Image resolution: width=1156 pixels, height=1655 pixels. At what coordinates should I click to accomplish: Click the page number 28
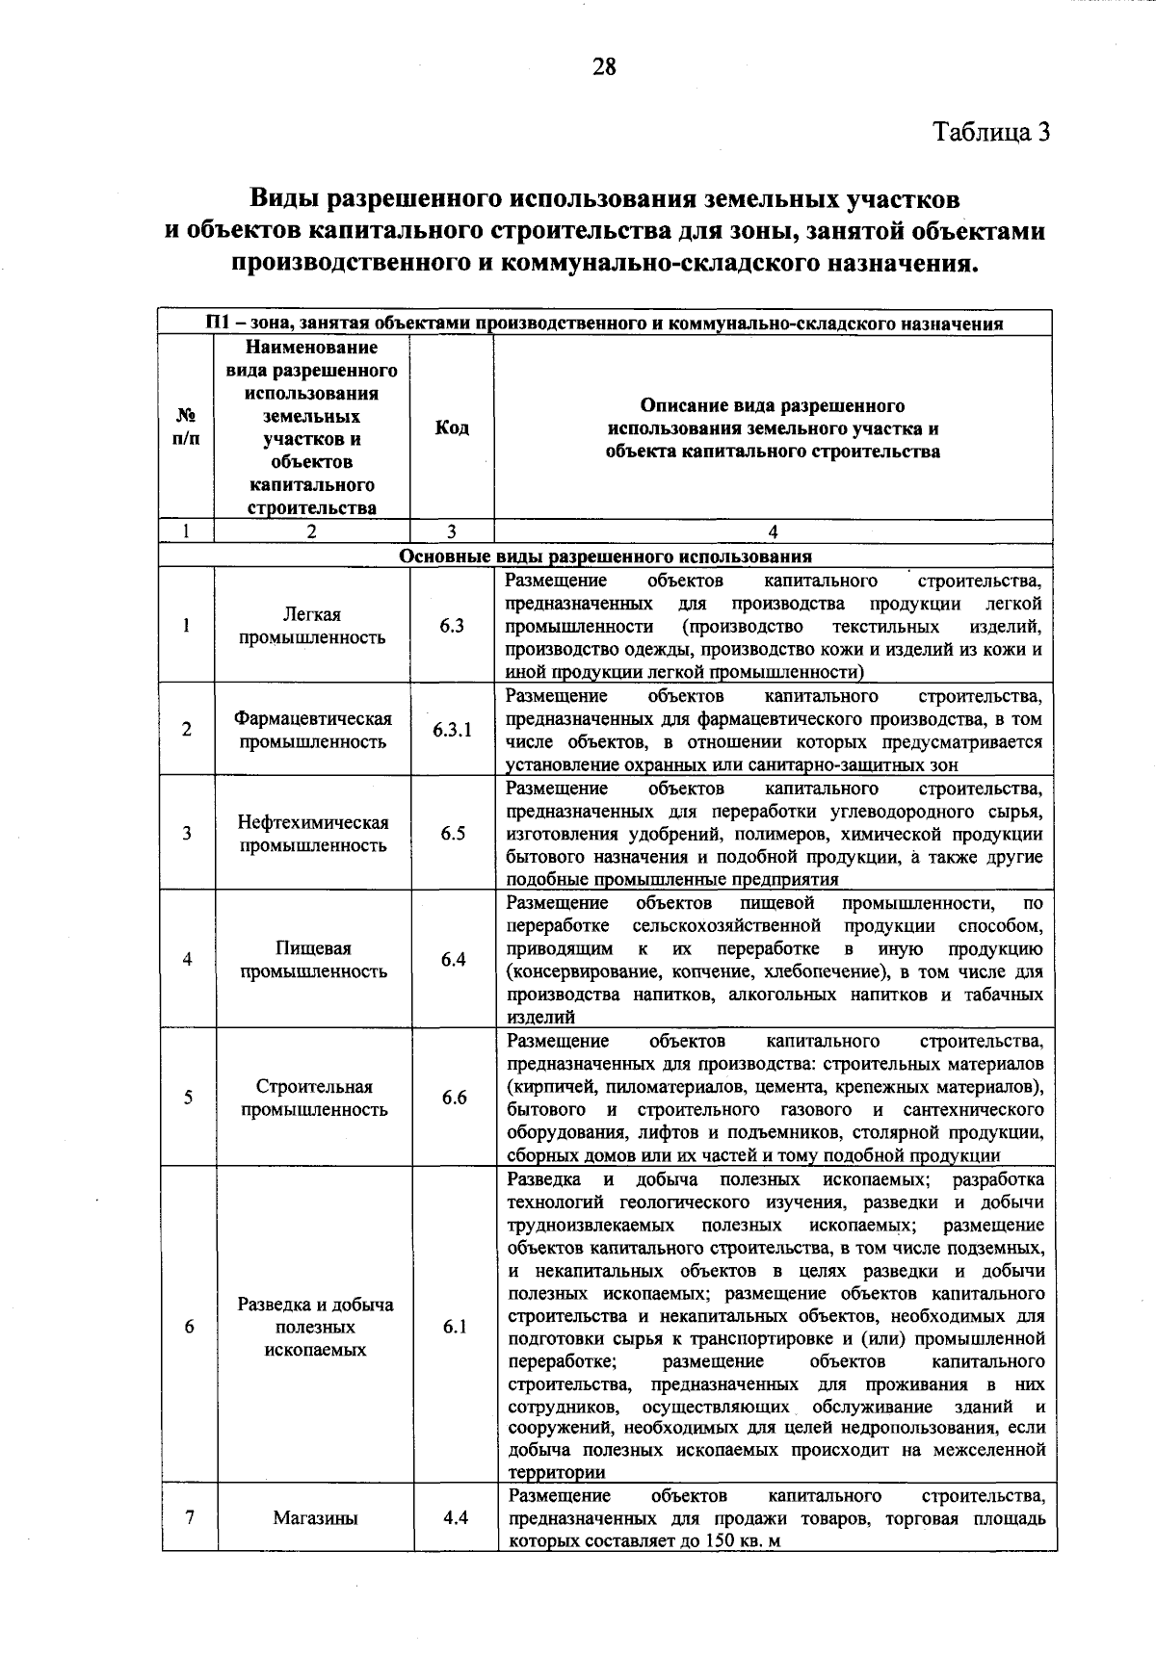[604, 67]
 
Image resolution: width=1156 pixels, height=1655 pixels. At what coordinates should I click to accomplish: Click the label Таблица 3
[990, 131]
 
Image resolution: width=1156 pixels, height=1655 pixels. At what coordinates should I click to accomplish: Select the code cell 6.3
[452, 626]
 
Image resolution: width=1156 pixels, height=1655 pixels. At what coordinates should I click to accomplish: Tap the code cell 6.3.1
[452, 730]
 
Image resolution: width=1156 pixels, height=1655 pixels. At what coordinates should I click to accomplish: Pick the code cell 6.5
[453, 834]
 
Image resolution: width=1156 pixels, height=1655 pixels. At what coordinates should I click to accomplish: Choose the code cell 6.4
[453, 960]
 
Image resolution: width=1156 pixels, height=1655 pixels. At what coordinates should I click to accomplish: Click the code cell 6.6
[454, 1098]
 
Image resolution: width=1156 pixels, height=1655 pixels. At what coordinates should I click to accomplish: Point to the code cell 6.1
[455, 1327]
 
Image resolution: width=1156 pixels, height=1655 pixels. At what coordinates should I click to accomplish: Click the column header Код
[452, 427]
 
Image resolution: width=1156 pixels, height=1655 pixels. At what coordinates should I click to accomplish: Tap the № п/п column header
[187, 427]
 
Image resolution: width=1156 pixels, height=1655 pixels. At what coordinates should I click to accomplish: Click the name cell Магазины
[315, 1518]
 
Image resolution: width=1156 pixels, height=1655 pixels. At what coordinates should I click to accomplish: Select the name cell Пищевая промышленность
[313, 960]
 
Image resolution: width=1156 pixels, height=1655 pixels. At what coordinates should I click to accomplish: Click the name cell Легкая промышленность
[312, 626]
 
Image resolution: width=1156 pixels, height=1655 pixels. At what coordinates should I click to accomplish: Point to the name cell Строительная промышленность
[314, 1098]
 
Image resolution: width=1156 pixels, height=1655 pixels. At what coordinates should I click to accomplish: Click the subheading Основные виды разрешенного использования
[605, 556]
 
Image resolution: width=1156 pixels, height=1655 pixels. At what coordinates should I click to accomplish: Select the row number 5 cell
[189, 1098]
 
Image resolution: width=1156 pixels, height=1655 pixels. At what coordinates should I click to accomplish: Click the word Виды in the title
[285, 199]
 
